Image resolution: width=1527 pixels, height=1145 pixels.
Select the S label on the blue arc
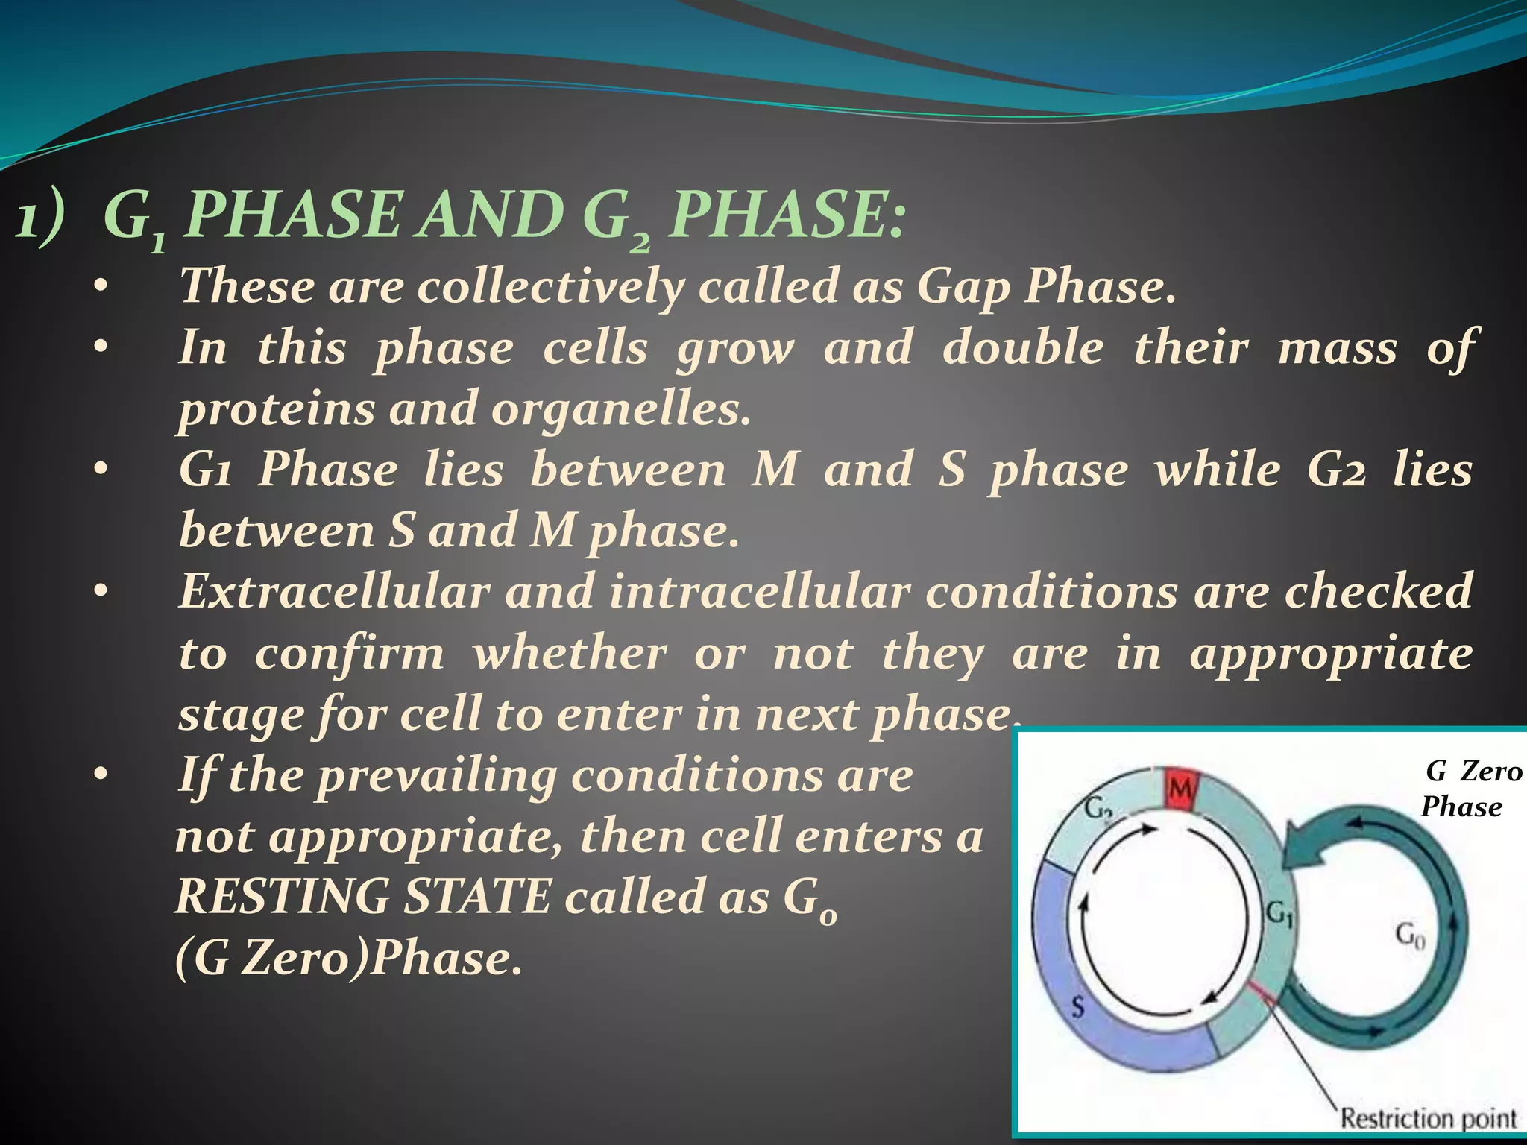point(1077,1008)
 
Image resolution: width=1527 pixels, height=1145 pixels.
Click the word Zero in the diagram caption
point(1490,771)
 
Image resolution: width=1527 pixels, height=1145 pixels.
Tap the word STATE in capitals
point(476,896)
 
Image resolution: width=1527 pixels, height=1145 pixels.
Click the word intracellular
point(760,592)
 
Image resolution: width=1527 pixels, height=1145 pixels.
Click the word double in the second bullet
point(1022,347)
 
